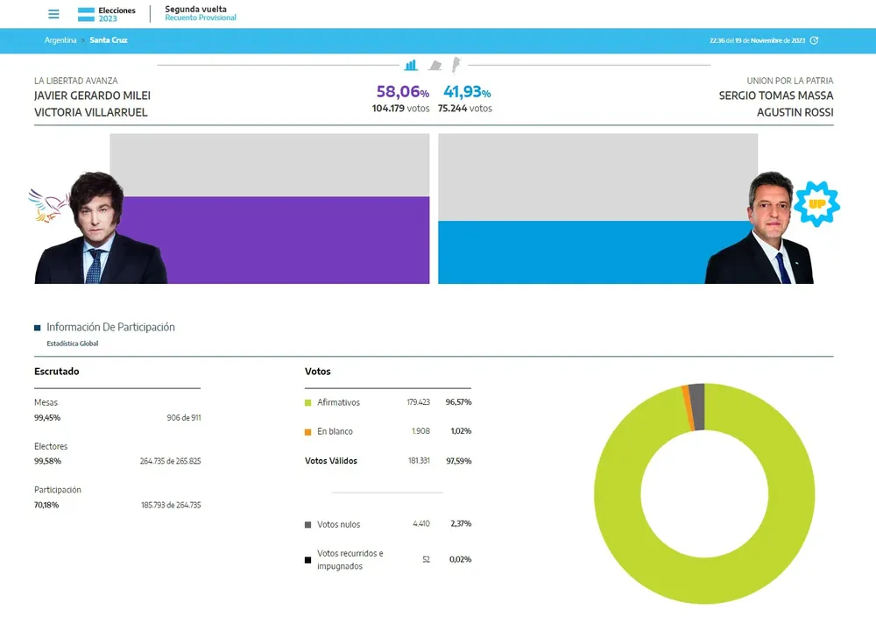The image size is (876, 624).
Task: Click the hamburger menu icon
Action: click(x=53, y=14)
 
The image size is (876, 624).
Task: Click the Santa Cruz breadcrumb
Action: click(x=109, y=40)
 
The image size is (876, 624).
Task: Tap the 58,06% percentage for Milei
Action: click(x=402, y=92)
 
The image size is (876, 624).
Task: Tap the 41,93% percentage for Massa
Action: click(x=467, y=92)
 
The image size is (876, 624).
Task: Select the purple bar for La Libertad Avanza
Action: click(x=270, y=239)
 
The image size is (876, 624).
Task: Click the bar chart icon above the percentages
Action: click(x=411, y=66)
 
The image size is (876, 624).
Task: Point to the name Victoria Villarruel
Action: click(x=91, y=112)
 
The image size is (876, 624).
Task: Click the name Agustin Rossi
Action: click(x=795, y=112)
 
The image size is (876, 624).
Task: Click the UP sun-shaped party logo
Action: click(x=817, y=204)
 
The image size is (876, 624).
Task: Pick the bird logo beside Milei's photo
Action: click(x=49, y=205)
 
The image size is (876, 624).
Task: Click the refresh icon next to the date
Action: click(x=814, y=40)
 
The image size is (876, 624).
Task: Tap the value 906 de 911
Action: click(x=183, y=417)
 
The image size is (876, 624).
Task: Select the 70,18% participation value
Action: click(x=46, y=505)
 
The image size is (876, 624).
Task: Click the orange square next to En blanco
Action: click(x=308, y=432)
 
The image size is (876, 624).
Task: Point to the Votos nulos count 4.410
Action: click(x=421, y=524)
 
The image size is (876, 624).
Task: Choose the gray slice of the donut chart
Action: click(x=696, y=395)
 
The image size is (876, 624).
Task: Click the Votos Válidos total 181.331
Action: click(x=420, y=461)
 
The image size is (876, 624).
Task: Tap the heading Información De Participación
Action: click(x=110, y=327)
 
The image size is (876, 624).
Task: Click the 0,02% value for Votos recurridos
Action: click(x=460, y=559)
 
